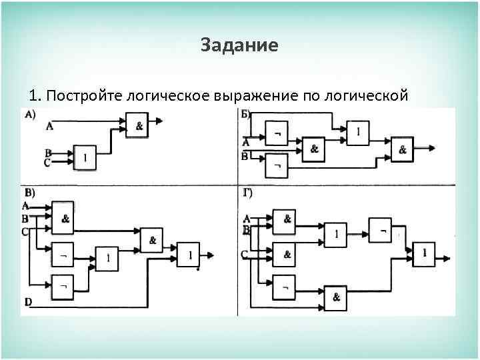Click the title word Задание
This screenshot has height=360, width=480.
[x=239, y=45]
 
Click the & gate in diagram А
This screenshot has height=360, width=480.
[x=138, y=125]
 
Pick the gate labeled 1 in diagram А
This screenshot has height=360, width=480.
[x=85, y=157]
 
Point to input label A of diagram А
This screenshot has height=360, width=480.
[x=49, y=125]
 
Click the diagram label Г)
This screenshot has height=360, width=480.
[x=247, y=193]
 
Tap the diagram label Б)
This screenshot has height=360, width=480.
[x=246, y=114]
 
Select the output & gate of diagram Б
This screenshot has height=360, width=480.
[x=402, y=149]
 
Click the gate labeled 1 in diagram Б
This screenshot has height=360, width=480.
[x=358, y=133]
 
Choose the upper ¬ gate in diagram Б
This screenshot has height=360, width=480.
[x=277, y=133]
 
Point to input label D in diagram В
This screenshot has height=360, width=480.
[x=28, y=302]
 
